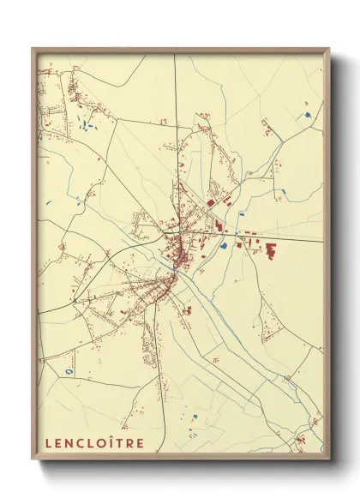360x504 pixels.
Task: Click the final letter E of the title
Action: (140, 443)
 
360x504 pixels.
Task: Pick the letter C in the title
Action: (77, 443)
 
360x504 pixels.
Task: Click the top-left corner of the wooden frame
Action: (33, 49)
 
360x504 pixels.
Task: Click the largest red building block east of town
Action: (272, 252)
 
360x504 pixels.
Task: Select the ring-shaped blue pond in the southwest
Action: (69, 371)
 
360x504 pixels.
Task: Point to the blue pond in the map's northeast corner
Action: (306, 115)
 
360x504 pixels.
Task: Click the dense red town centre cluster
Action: (180, 251)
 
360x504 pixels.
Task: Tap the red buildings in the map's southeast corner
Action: (302, 441)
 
